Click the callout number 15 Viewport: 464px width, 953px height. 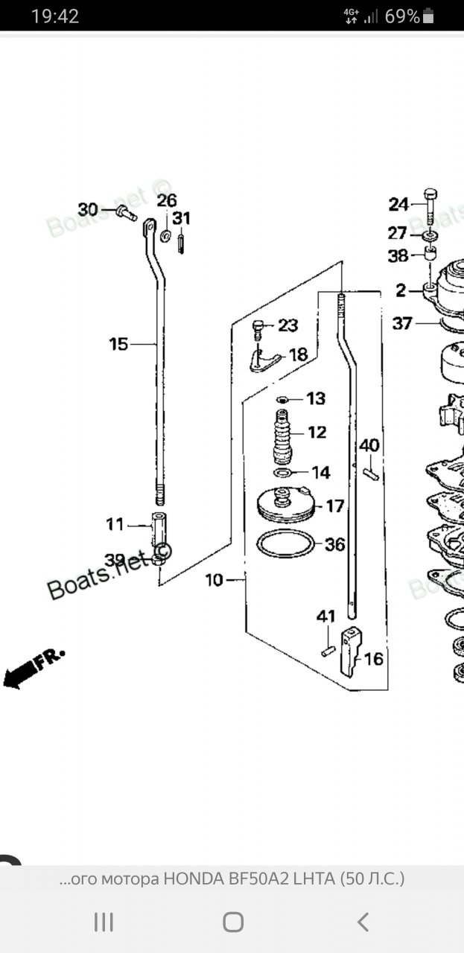coord(118,344)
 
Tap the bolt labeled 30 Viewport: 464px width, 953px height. coord(125,214)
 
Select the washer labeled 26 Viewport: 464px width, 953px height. coord(164,236)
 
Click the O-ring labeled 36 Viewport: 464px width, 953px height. coord(286,544)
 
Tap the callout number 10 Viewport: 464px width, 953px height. coord(214,580)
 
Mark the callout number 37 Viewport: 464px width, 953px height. coord(402,324)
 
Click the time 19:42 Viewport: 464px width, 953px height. coord(55,16)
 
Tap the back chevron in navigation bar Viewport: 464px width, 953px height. coord(363,922)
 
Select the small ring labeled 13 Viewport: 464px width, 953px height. coord(282,400)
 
